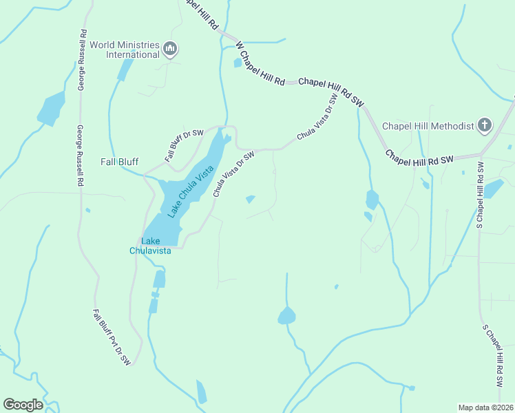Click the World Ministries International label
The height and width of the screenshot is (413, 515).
125,49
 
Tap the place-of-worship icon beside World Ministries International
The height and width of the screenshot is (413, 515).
171,49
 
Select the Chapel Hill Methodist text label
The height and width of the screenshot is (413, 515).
428,126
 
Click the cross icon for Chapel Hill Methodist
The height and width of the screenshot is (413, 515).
485,125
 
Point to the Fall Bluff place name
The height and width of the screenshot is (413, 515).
119,162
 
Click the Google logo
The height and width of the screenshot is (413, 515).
23,404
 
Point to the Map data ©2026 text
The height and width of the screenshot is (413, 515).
485,407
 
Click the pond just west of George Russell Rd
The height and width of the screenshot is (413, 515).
51,109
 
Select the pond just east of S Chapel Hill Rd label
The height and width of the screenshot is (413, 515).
493,189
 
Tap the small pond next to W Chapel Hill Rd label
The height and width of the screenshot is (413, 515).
238,63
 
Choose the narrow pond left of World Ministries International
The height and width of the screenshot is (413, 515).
125,69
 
